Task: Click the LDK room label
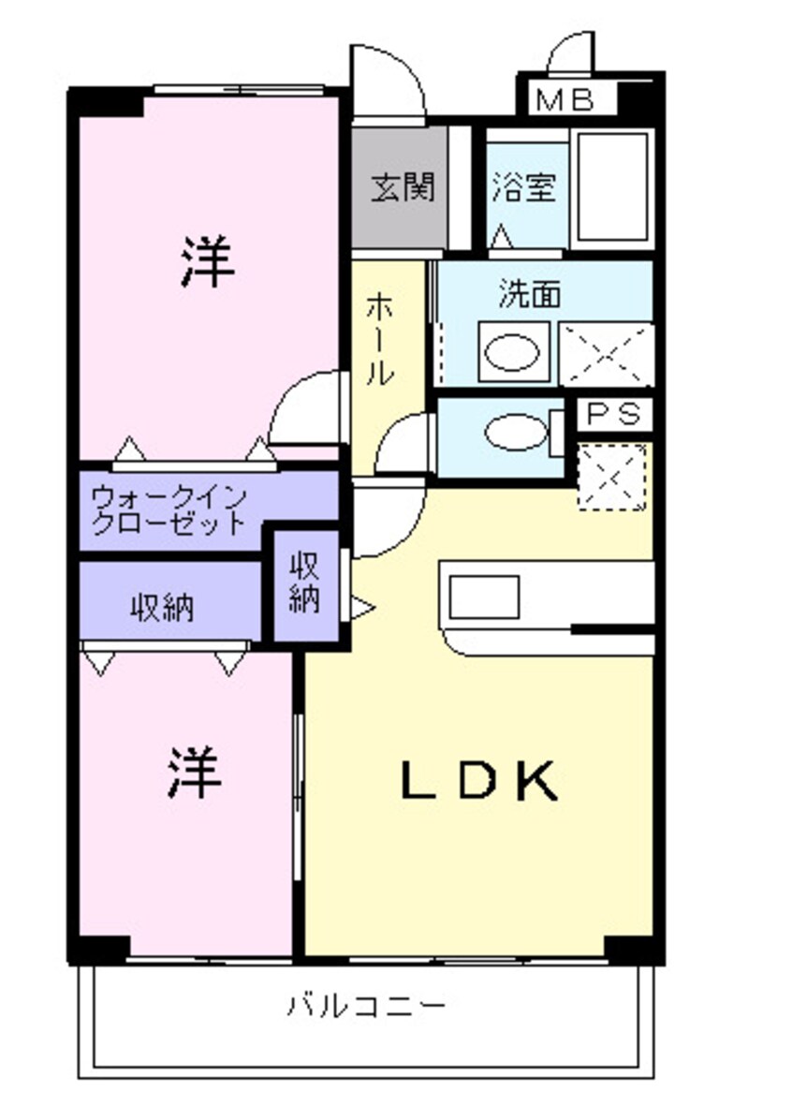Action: (x=479, y=781)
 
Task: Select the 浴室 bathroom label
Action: (x=524, y=188)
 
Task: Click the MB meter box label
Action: (x=566, y=99)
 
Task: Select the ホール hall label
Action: (x=380, y=338)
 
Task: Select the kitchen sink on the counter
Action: (x=484, y=597)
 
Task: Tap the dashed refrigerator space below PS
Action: (x=611, y=478)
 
